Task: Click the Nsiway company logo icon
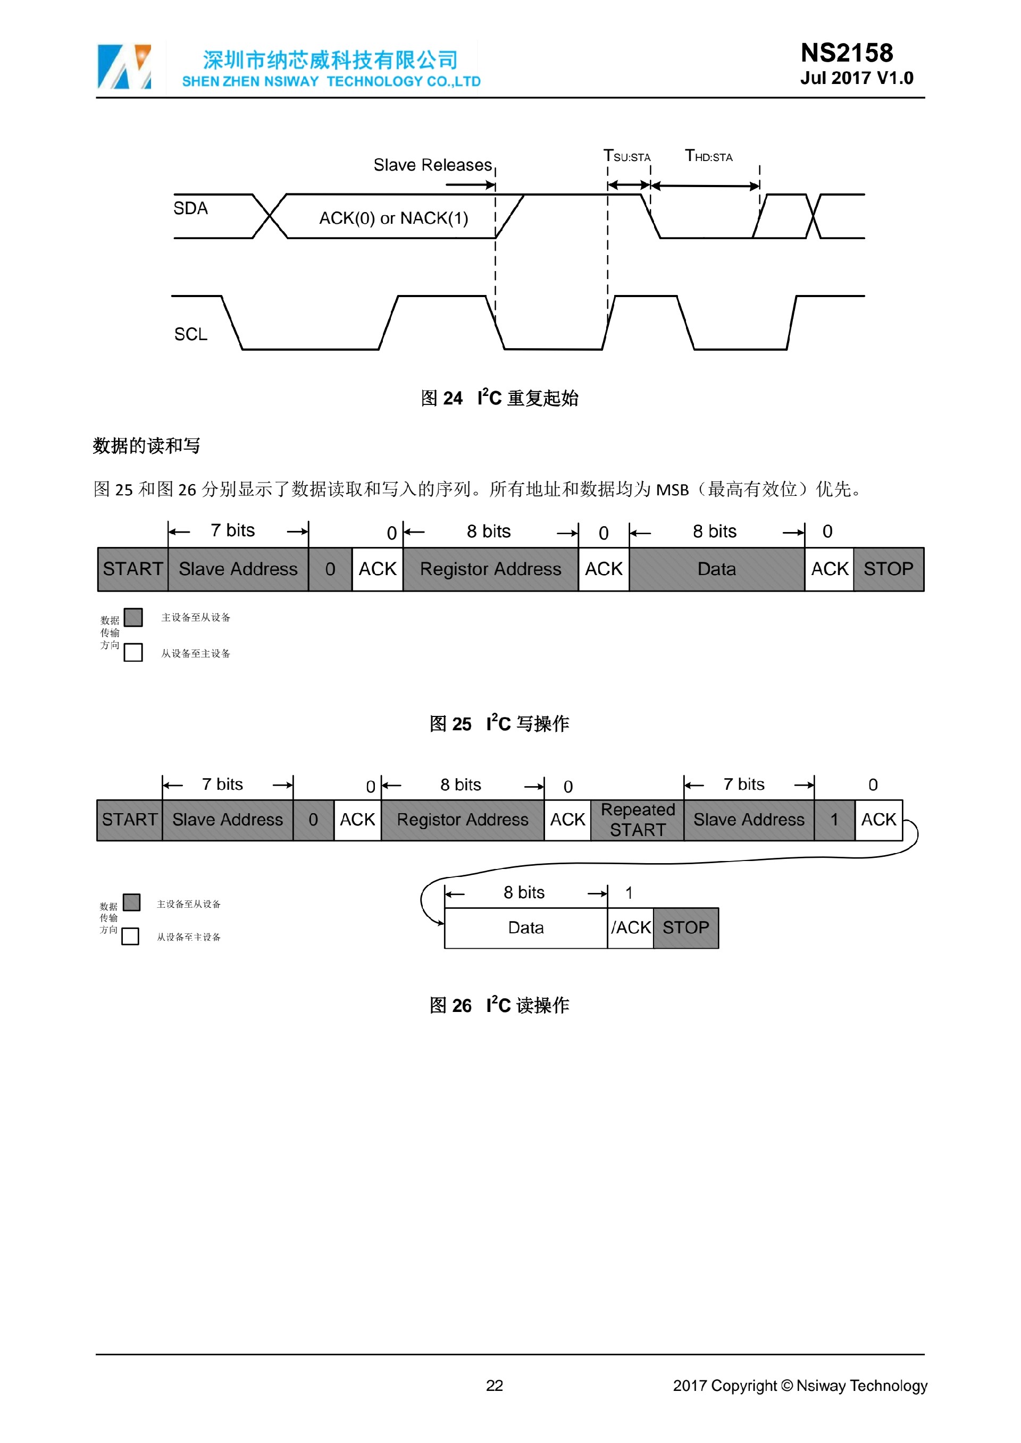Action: [124, 66]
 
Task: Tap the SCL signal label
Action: [190, 334]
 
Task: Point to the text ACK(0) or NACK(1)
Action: [394, 218]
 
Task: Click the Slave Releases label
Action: [432, 165]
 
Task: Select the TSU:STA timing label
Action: [627, 156]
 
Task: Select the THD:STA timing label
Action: [708, 156]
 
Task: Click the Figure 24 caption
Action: [500, 398]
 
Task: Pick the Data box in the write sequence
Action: [716, 569]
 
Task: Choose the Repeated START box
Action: [638, 820]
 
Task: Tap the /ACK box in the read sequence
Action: [631, 927]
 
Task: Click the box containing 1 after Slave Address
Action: [834, 820]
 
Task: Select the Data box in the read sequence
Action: [525, 927]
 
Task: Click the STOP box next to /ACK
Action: [685, 927]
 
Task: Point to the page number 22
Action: [494, 1385]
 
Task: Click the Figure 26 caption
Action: [500, 1005]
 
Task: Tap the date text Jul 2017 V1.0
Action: [856, 79]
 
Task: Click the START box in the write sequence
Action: [132, 569]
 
